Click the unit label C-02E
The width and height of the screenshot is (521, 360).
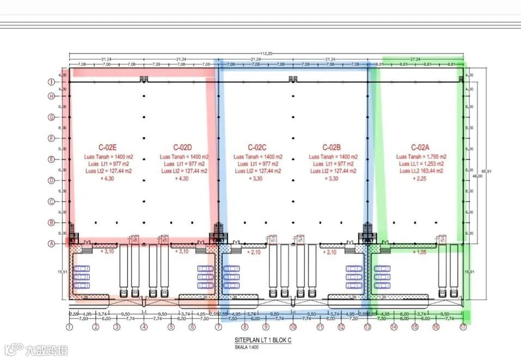click(x=108, y=147)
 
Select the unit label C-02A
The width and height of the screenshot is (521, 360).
click(x=420, y=147)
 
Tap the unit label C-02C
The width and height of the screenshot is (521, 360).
click(x=257, y=147)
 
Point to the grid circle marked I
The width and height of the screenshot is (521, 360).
click(x=51, y=82)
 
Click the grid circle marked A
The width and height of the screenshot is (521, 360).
click(x=51, y=243)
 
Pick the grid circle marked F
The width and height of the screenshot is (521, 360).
click(x=51, y=138)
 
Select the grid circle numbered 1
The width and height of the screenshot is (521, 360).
click(x=69, y=327)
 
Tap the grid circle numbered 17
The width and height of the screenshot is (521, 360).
click(x=463, y=327)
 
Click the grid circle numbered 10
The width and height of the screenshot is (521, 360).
click(x=293, y=327)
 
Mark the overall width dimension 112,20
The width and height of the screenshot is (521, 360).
click(x=266, y=53)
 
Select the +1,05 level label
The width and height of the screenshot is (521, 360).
click(x=420, y=252)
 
